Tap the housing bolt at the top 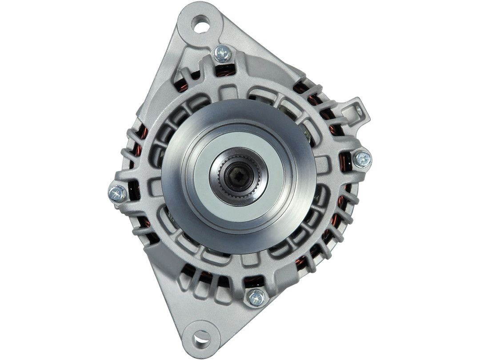point(223,54)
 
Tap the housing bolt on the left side point(117,193)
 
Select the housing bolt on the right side point(362,159)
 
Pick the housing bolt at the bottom point(256,297)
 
